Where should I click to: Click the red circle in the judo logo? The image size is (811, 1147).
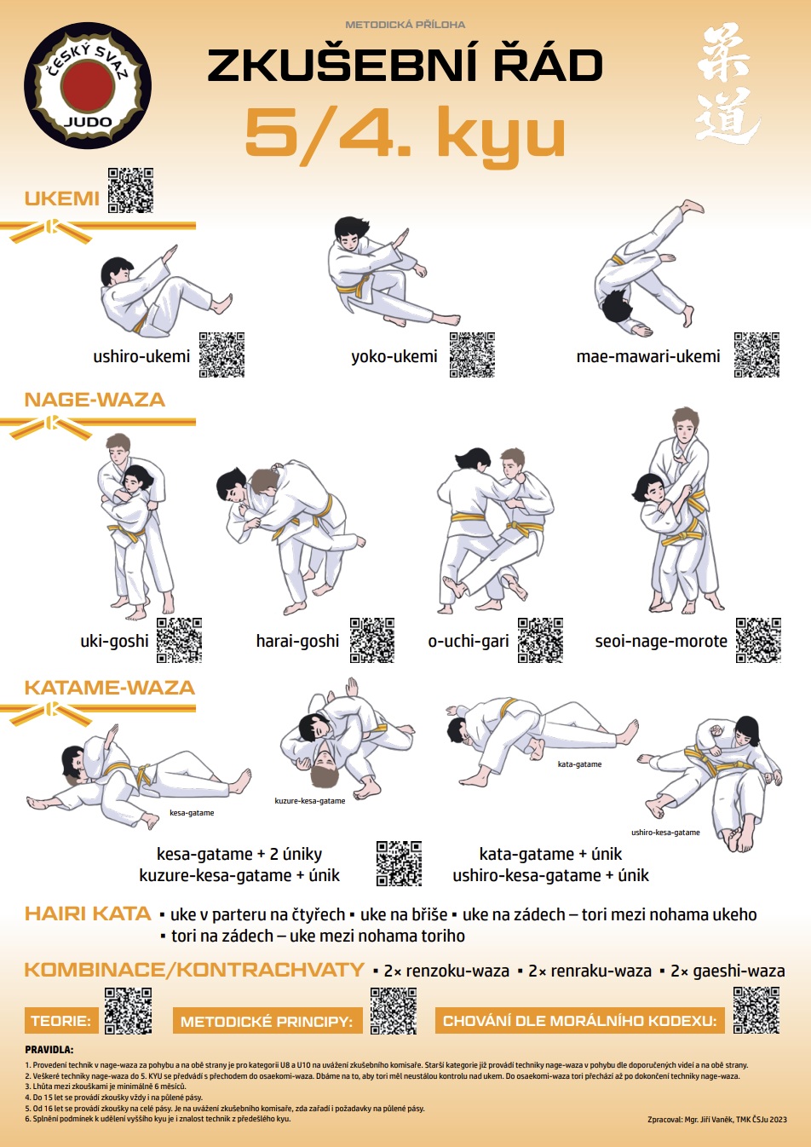pyautogui.click(x=88, y=85)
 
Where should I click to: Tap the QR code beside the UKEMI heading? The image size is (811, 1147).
pyautogui.click(x=130, y=190)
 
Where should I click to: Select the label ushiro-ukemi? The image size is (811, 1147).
pyautogui.click(x=141, y=356)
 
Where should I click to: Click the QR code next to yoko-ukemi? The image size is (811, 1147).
pyautogui.click(x=472, y=354)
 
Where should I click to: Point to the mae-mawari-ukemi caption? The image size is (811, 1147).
pyautogui.click(x=648, y=356)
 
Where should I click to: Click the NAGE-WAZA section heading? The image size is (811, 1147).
pyautogui.click(x=95, y=400)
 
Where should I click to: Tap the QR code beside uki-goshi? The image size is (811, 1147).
pyautogui.click(x=179, y=640)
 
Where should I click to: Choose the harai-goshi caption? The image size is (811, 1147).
pyautogui.click(x=297, y=641)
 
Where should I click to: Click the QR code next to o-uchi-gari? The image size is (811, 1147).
pyautogui.click(x=540, y=640)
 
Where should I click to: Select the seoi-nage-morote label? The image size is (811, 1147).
pyautogui.click(x=661, y=641)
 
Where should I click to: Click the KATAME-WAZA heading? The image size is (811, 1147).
pyautogui.click(x=110, y=688)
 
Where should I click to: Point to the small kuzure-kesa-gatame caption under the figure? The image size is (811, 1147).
pyautogui.click(x=310, y=801)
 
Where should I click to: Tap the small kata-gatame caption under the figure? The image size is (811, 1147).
pyautogui.click(x=579, y=764)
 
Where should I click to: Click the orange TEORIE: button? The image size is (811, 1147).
pyautogui.click(x=61, y=1021)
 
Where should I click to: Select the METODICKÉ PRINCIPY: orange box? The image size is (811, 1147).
pyautogui.click(x=267, y=1021)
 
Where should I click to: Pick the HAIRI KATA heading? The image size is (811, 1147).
pyautogui.click(x=88, y=914)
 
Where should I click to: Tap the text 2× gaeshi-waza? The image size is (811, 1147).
pyautogui.click(x=728, y=971)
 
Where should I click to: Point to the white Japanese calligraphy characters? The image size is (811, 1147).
pyautogui.click(x=727, y=84)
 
